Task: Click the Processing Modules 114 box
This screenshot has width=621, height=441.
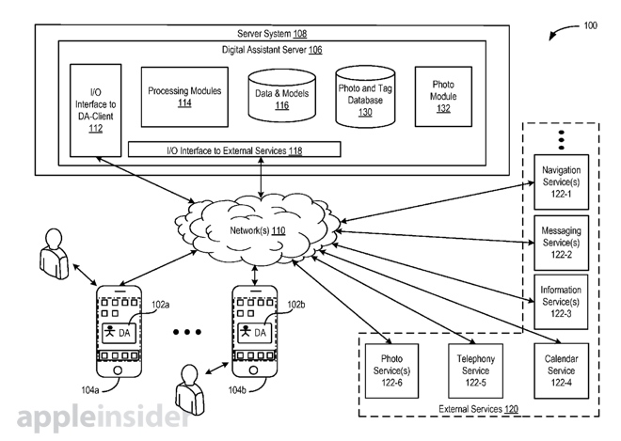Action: (184, 97)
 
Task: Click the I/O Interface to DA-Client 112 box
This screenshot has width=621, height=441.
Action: (95, 109)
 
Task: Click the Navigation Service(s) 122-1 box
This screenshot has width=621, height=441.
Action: (562, 181)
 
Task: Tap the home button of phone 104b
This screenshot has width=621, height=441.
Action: (257, 371)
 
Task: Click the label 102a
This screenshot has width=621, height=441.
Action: (162, 306)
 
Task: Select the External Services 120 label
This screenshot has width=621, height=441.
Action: (478, 408)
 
